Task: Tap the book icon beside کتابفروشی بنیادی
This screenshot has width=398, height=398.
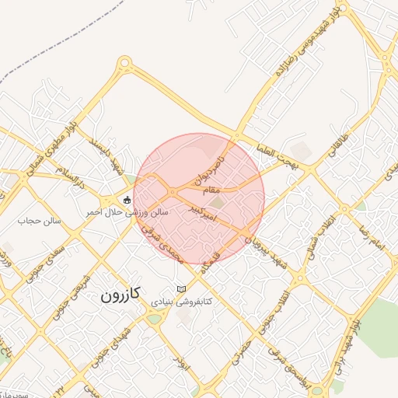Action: coord(182,289)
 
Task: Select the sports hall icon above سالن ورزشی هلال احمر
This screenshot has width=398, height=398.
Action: coord(127,199)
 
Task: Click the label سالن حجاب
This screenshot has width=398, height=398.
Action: coord(34,221)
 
